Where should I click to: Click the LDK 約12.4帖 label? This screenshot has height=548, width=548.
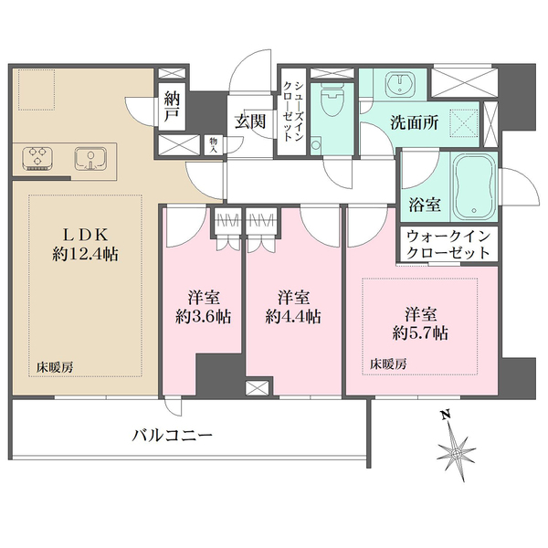click(x=85, y=245)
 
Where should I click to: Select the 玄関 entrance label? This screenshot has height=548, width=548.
click(x=250, y=121)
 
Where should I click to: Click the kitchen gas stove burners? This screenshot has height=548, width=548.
click(x=37, y=159)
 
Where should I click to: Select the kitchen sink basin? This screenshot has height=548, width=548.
click(x=90, y=159)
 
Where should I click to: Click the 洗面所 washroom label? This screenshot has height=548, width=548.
click(x=415, y=122)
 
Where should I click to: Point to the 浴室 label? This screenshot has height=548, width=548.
click(x=425, y=205)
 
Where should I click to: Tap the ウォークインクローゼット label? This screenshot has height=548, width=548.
click(x=448, y=244)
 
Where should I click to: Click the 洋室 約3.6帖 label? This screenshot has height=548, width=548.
click(x=203, y=307)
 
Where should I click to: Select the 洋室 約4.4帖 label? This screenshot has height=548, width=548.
click(x=293, y=307)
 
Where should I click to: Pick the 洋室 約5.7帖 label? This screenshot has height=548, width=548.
click(x=420, y=324)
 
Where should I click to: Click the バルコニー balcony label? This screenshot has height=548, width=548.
click(x=173, y=436)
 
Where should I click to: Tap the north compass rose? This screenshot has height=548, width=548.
click(x=456, y=452)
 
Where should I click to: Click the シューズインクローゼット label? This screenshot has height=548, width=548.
click(x=293, y=111)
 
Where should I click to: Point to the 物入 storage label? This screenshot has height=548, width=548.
click(x=213, y=145)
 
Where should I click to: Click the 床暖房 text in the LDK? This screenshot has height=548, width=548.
click(x=55, y=368)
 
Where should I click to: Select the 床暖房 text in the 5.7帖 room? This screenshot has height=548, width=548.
click(x=389, y=364)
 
